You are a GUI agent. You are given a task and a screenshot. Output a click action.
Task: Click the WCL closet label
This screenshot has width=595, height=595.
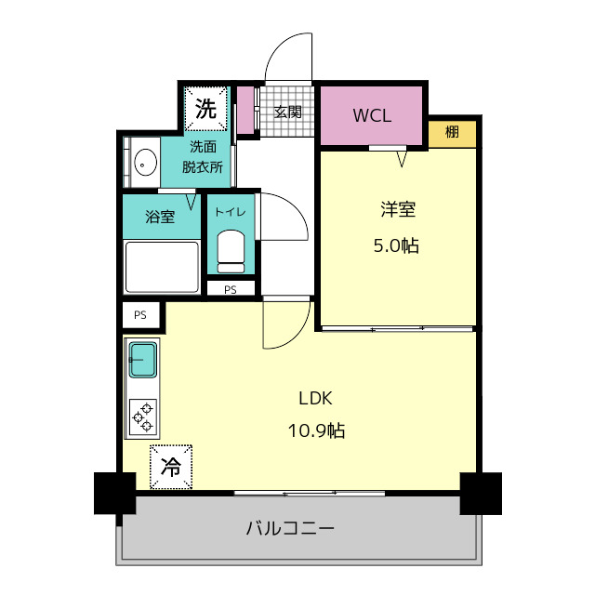(372, 115)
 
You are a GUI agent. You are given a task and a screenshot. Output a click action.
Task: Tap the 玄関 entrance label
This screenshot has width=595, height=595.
(287, 112)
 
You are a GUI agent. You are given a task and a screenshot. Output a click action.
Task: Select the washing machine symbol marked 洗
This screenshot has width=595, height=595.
(205, 109)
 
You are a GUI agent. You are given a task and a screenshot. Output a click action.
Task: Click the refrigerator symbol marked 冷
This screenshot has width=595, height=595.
(171, 467)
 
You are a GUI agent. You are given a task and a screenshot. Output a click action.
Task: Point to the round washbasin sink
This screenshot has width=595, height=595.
(146, 162)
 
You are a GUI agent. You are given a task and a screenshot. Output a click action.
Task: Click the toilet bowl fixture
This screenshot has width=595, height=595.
(231, 251)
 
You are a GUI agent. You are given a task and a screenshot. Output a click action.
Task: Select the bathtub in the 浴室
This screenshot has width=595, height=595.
(162, 267)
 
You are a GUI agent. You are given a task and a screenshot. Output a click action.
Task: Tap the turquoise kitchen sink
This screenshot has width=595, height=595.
(143, 360)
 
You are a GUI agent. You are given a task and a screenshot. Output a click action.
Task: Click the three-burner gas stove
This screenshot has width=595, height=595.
(142, 417)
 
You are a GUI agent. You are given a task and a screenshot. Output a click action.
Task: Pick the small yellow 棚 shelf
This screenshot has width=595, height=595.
(453, 134)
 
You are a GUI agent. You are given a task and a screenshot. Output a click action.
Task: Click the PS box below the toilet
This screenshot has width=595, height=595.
(231, 289)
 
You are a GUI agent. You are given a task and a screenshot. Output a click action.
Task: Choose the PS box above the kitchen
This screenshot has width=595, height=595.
(140, 315)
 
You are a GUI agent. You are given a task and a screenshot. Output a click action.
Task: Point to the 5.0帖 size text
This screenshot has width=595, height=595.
(396, 245)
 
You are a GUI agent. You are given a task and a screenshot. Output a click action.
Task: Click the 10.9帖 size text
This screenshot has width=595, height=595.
(316, 430)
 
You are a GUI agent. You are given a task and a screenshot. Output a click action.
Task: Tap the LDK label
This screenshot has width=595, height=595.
(315, 398)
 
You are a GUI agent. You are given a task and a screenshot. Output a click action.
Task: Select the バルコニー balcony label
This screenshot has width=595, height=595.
(290, 528)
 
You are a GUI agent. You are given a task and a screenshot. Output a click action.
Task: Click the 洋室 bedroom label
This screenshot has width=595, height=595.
(398, 209)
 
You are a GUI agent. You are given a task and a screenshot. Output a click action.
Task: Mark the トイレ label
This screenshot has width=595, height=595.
(231, 212)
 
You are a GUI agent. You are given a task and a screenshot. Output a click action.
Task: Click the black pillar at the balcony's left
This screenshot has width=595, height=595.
(115, 494)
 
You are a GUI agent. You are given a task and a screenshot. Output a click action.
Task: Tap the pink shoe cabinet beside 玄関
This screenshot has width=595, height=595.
(245, 110)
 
